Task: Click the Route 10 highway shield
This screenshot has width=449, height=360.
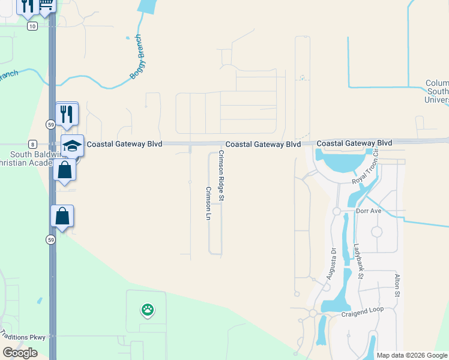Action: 32,26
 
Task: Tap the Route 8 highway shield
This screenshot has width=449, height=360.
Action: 32,144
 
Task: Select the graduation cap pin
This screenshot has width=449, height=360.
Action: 72,146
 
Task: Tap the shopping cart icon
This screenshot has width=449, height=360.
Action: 47,5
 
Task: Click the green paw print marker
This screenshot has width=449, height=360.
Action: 148,310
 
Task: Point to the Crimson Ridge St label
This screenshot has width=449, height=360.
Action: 221,175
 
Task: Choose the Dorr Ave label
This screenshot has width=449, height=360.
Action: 369,211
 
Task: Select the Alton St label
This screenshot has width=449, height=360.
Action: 397,286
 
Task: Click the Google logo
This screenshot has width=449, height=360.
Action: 20,353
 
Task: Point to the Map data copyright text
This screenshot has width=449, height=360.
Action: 411,355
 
